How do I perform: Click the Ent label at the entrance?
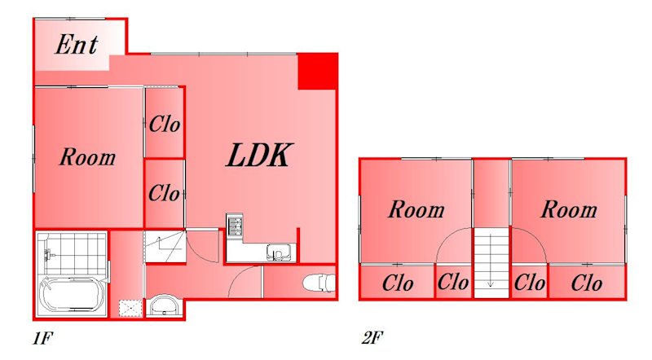tap(77, 45)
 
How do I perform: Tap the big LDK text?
tap(258, 156)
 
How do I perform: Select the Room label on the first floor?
tap(87, 157)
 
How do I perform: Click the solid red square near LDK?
tap(317, 71)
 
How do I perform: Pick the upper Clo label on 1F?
tap(164, 125)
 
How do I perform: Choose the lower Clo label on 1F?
tap(164, 194)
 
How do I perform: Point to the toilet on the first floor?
tap(318, 283)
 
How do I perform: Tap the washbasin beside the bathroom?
tap(164, 306)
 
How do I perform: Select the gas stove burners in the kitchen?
tap(235, 226)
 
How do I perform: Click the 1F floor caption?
tap(42, 336)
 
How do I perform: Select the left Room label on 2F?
tap(416, 210)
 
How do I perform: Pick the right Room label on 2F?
tap(569, 210)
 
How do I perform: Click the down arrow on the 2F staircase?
tap(491, 283)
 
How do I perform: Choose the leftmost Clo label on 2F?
tap(398, 284)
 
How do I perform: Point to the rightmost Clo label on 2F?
tap(586, 284)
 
